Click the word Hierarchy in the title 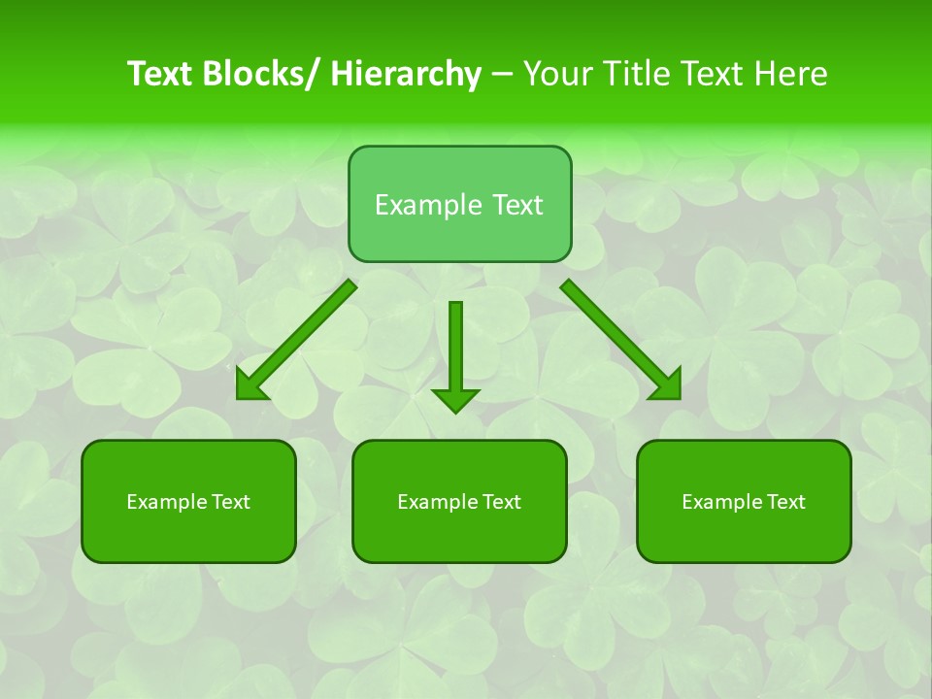tap(406, 74)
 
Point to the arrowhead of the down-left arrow tap(250, 387)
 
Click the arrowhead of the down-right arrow tap(669, 387)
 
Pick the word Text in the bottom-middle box tap(500, 502)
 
